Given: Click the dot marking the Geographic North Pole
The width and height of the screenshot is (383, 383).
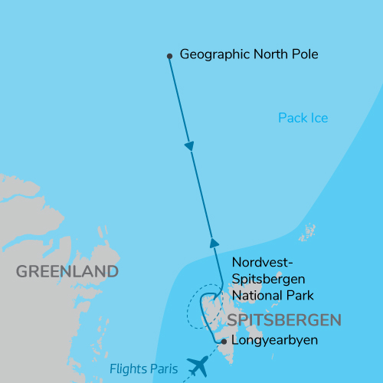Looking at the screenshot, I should pyautogui.click(x=169, y=55).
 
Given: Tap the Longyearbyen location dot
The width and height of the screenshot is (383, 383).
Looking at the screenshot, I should pyautogui.click(x=223, y=342).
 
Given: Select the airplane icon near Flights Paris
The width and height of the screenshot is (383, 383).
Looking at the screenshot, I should pyautogui.click(x=197, y=366).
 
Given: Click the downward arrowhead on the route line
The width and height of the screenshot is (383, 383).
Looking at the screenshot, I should pyautogui.click(x=189, y=146).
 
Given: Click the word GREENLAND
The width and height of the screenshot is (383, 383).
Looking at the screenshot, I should pyautogui.click(x=67, y=272).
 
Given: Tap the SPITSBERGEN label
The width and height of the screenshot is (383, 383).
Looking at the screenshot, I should pyautogui.click(x=283, y=319).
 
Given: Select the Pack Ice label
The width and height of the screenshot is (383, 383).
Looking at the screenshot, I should pyautogui.click(x=303, y=118).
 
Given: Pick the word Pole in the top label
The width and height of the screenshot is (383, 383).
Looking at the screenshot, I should pyautogui.click(x=303, y=55).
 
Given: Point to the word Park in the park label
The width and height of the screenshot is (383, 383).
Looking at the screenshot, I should pyautogui.click(x=300, y=295).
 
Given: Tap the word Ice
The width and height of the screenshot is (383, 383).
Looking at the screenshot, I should pyautogui.click(x=319, y=118).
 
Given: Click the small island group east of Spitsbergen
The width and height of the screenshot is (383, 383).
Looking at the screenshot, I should pyautogui.click(x=308, y=233).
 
